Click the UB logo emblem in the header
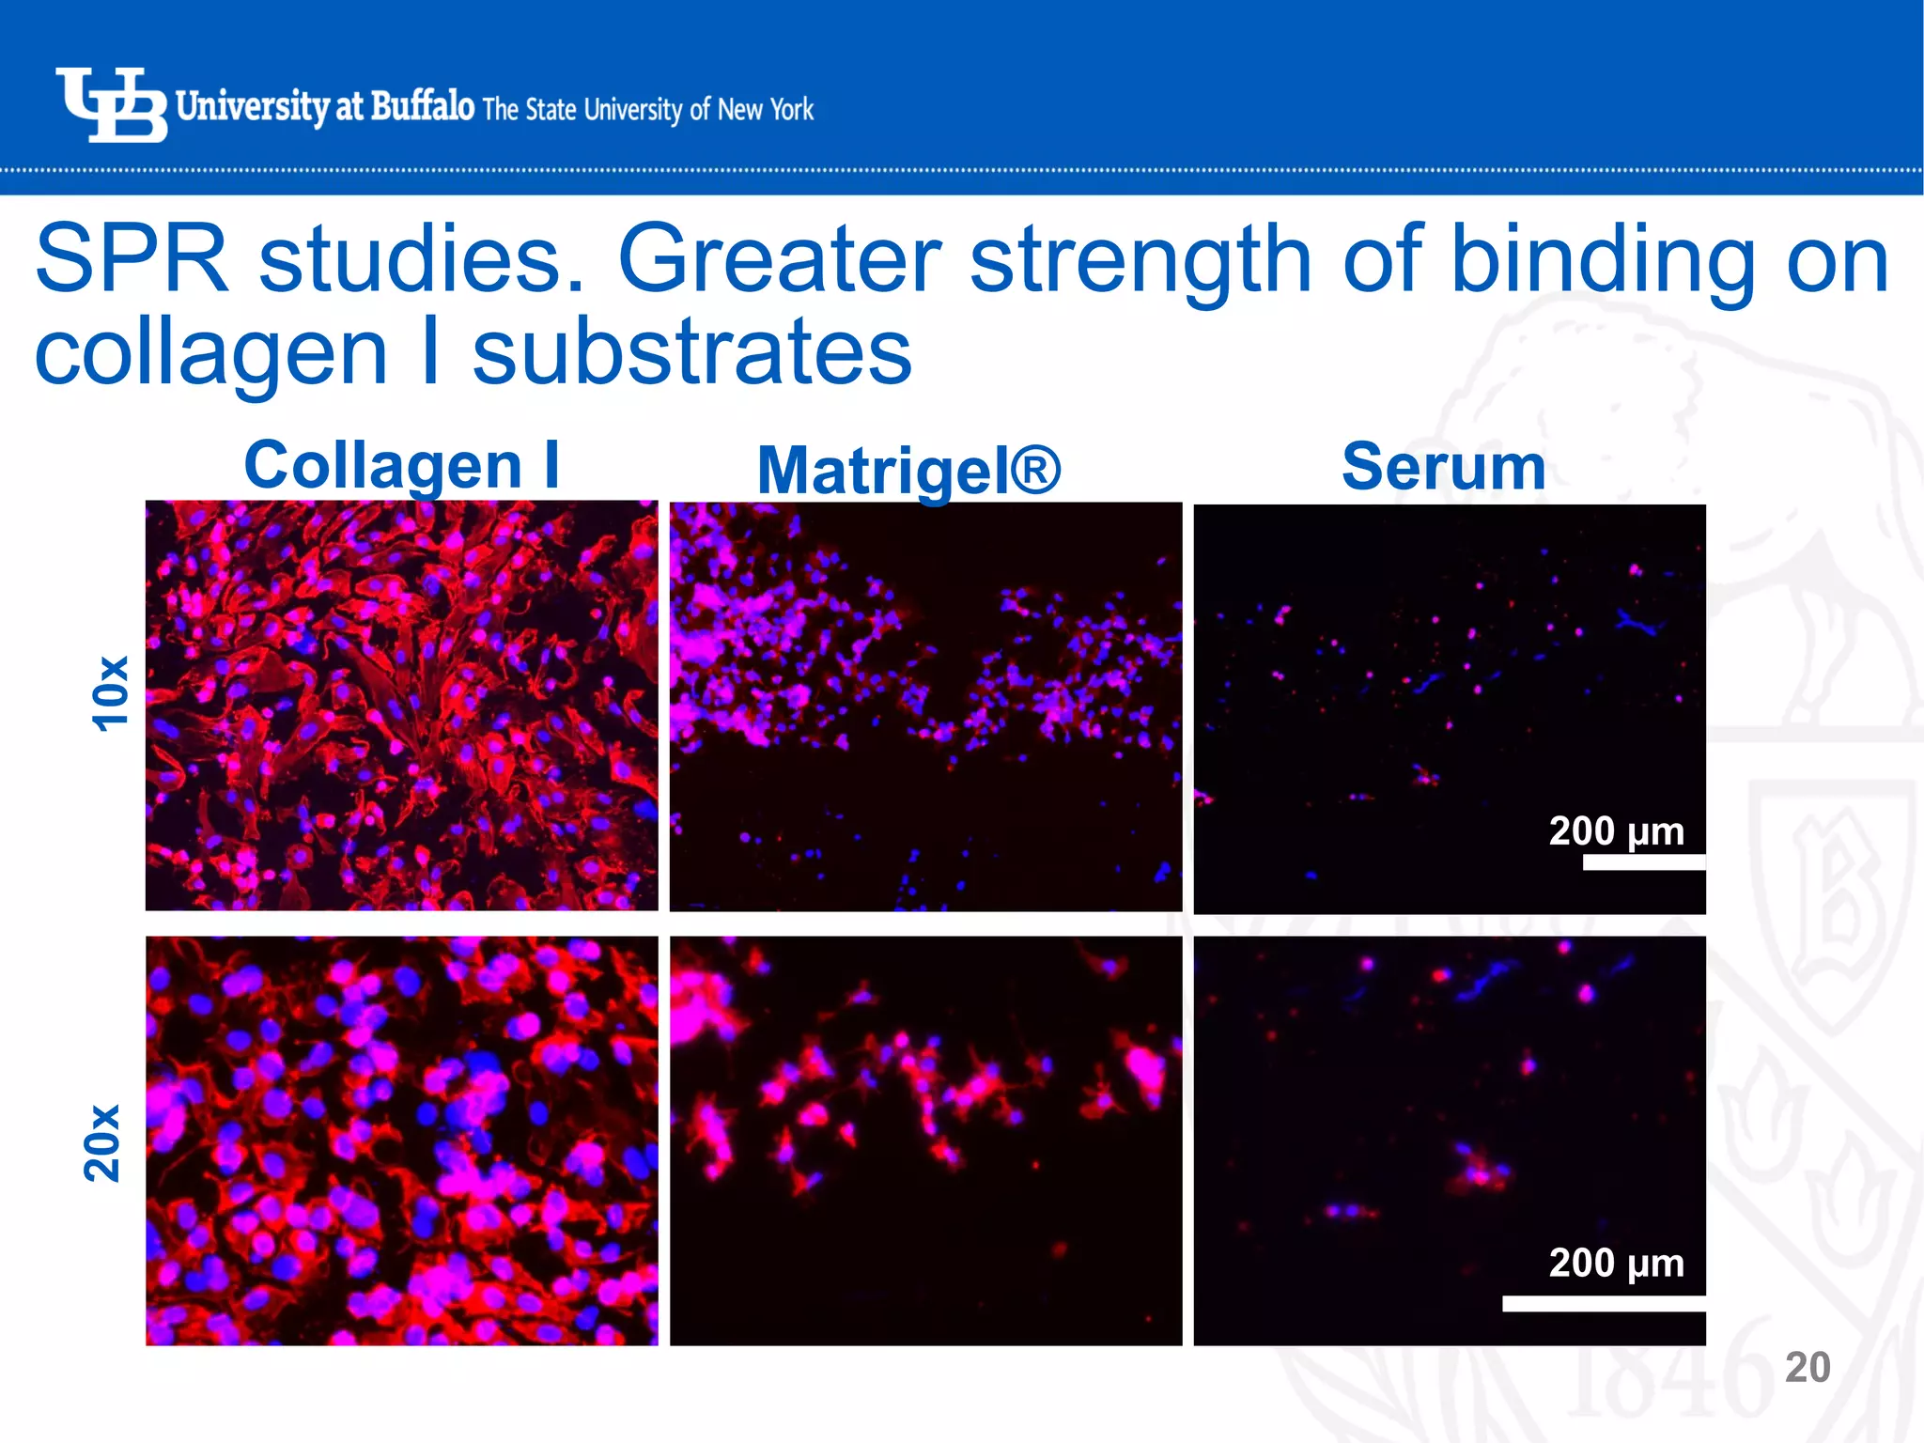coord(111,105)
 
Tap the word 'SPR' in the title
coord(132,259)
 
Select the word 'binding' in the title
coord(1603,259)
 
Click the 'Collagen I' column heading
coord(402,465)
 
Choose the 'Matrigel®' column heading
coord(908,470)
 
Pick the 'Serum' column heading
coord(1444,467)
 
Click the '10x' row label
coord(110,693)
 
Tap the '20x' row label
coord(103,1142)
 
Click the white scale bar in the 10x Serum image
coord(1643,862)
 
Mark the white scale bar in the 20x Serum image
coord(1603,1304)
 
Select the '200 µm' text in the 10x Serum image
coord(1616,830)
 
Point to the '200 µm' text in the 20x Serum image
coord(1616,1263)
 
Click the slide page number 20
coord(1807,1368)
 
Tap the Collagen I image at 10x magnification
coord(401,705)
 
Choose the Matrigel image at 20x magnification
coord(925,1140)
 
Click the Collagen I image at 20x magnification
coord(401,1140)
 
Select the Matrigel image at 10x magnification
coord(925,706)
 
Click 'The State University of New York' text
coord(648,110)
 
